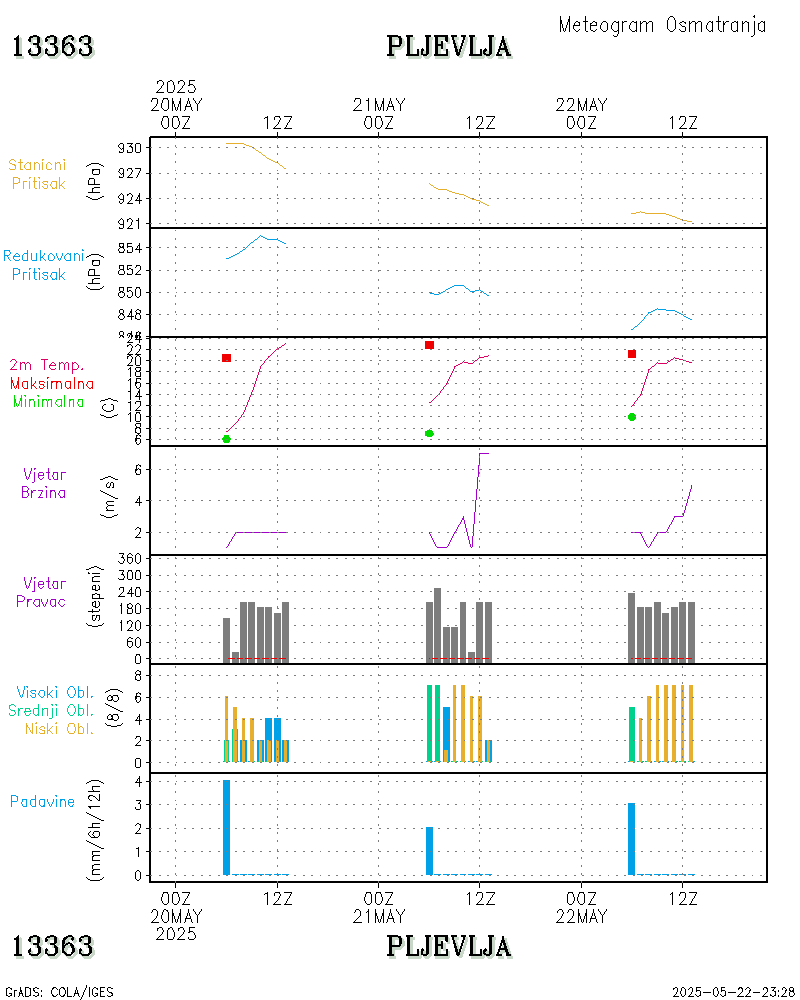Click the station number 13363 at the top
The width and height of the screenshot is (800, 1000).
click(x=53, y=46)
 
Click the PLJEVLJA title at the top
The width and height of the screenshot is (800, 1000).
click(x=449, y=46)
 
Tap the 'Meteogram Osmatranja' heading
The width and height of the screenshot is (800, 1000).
click(x=662, y=25)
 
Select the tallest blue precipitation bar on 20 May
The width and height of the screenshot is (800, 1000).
click(x=226, y=827)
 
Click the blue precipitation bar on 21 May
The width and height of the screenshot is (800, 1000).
click(x=429, y=851)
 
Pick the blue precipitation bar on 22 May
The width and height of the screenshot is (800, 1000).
click(x=632, y=839)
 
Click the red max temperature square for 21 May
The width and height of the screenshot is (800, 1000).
click(x=429, y=345)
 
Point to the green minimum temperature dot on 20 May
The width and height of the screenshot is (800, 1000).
click(x=226, y=439)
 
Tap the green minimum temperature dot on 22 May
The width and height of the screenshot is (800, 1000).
click(x=632, y=417)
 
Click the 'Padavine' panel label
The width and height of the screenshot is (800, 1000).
click(x=42, y=801)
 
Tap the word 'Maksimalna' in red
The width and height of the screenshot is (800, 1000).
click(x=52, y=383)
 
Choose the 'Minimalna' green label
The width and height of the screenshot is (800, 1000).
click(x=49, y=401)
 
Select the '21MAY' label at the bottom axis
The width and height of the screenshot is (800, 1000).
click(x=379, y=916)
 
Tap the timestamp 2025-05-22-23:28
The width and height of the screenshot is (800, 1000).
click(x=733, y=992)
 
